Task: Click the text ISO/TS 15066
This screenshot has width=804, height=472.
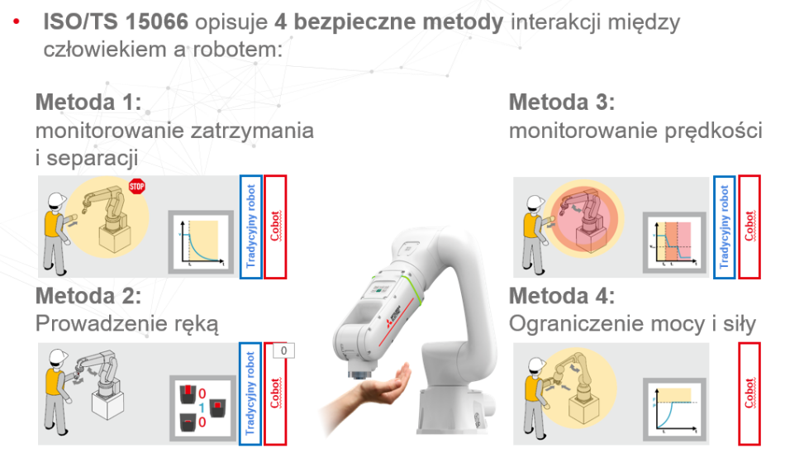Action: (x=107, y=22)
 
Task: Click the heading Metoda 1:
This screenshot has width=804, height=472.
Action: (x=88, y=102)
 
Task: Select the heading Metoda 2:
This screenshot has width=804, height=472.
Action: (x=88, y=296)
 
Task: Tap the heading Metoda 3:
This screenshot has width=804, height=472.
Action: (x=562, y=102)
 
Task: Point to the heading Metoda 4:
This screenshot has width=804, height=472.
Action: (x=562, y=296)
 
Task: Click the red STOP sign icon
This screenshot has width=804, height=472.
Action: (x=137, y=186)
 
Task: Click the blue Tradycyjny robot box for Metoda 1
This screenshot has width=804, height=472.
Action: (x=250, y=226)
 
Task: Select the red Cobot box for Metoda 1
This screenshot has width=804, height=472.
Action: (x=275, y=226)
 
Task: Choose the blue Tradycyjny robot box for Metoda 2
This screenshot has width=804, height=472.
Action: (x=250, y=393)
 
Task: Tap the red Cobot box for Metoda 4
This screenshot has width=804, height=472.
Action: (x=749, y=393)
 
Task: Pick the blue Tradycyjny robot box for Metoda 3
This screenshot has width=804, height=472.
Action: (x=724, y=226)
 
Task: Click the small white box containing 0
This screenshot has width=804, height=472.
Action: (x=283, y=350)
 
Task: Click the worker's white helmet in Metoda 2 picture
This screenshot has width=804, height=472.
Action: (x=57, y=356)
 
